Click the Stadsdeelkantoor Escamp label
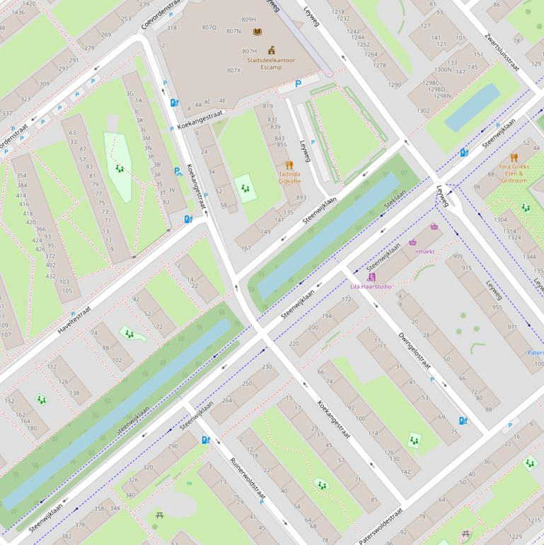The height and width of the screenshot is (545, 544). click(x=271, y=64)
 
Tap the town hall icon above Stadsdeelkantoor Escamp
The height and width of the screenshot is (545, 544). click(x=271, y=50)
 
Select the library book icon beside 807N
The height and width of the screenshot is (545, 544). click(x=257, y=32)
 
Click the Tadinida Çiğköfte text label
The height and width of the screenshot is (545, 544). click(x=289, y=177)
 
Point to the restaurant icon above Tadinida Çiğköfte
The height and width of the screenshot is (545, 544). click(x=289, y=165)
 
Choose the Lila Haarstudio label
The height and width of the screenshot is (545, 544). click(x=371, y=287)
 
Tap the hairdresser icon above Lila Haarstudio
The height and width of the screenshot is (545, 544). click(x=372, y=277)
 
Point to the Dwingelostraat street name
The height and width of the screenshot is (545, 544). click(x=415, y=351)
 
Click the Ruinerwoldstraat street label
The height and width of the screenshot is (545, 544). click(x=248, y=481)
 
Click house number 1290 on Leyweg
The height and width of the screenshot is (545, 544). click(x=395, y=85)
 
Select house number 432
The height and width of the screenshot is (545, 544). click(x=50, y=276)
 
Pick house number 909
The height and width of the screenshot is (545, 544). click(x=457, y=256)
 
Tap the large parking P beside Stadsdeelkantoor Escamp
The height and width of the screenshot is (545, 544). click(x=298, y=84)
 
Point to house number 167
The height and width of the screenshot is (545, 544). click(x=246, y=248)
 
